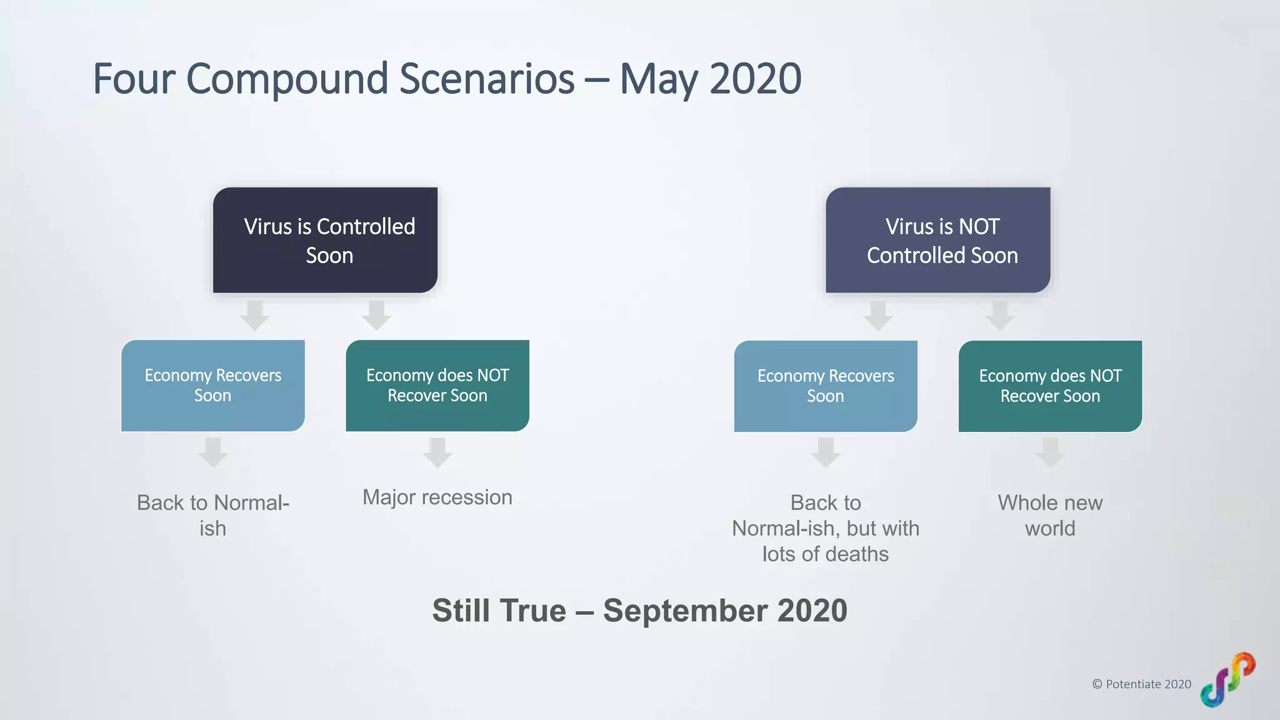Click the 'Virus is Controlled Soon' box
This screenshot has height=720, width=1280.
[325, 240]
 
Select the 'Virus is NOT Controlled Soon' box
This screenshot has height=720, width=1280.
[937, 240]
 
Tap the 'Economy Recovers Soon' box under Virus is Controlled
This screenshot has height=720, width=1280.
[212, 386]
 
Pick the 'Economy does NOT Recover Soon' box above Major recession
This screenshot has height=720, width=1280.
[437, 386]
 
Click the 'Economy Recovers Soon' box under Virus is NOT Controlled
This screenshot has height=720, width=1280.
[826, 386]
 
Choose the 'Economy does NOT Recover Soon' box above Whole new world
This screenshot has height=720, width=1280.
[1050, 386]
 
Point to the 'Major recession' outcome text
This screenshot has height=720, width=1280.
[437, 497]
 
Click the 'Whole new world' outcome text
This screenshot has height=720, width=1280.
[1050, 516]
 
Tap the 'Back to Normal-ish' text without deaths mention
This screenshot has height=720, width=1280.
[212, 516]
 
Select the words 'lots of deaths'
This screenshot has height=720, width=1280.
[825, 554]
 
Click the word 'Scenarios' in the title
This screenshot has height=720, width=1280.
[486, 79]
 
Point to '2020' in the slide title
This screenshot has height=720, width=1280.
[755, 79]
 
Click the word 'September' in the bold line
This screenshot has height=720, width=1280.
[685, 611]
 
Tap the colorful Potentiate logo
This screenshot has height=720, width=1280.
[1227, 680]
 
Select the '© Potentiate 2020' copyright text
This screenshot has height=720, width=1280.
[1141, 684]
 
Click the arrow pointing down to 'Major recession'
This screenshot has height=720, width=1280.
[437, 452]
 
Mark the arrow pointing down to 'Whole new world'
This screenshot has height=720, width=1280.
[1050, 452]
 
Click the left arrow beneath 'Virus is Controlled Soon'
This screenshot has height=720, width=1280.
[255, 316]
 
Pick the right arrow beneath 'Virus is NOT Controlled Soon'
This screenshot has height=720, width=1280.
[1000, 316]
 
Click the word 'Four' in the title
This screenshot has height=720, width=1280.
[134, 79]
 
